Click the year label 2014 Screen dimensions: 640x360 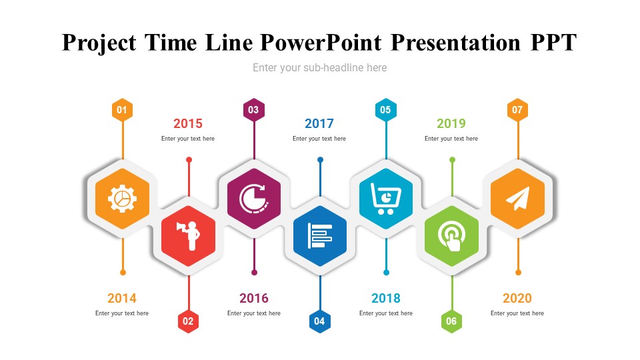121,299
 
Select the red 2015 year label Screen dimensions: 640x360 188,123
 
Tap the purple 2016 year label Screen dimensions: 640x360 254,299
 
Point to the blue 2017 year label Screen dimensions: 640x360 319,123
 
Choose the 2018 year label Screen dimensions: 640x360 386,299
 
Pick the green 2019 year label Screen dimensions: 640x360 451,123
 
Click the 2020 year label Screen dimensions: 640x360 517,299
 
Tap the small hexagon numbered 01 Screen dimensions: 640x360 122,110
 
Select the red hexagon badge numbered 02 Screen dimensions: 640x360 188,321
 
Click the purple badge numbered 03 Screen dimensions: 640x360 254,110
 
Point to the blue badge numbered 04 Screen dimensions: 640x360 319,321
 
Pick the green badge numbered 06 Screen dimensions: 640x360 451,321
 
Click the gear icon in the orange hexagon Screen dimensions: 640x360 122,199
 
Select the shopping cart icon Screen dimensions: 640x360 386,199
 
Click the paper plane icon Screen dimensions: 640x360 518,199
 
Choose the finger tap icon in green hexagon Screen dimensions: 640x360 451,237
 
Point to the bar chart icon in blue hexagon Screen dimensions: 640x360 320,236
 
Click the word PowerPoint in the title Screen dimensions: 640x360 321,43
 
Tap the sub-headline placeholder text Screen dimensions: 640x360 319,68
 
